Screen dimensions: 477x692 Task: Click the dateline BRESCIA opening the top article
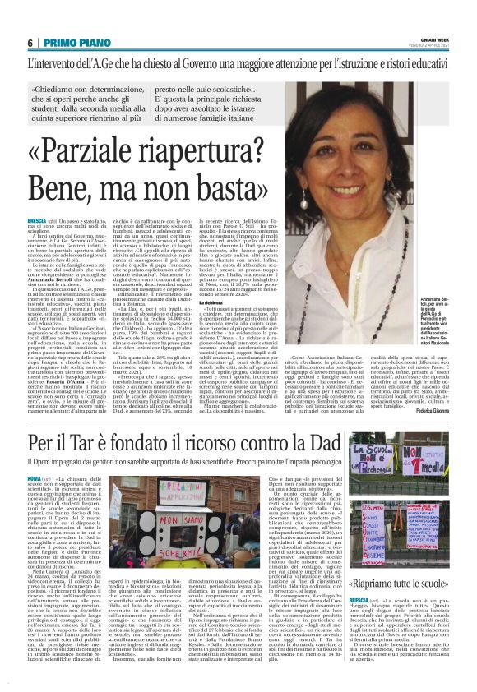[x=37, y=221]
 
